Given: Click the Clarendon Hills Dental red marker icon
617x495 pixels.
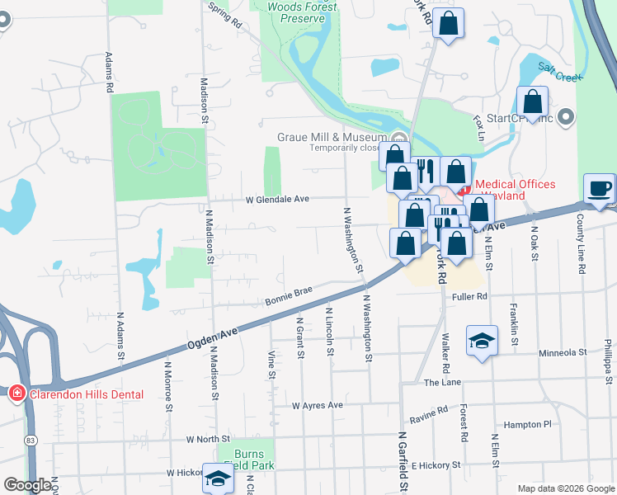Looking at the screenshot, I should pyautogui.click(x=16, y=394).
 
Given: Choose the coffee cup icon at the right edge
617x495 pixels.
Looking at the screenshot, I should pyautogui.click(x=600, y=189).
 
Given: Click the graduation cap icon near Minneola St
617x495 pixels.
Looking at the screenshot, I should pyautogui.click(x=482, y=340).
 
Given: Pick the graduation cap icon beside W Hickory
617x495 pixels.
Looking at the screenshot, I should pyautogui.click(x=219, y=478).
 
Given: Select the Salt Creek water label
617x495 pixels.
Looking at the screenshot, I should pyautogui.click(x=560, y=71).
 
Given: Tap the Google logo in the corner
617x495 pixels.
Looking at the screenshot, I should pyautogui.click(x=27, y=485).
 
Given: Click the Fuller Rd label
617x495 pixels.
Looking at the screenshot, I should pyautogui.click(x=470, y=295).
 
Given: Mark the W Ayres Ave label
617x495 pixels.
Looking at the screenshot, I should pyautogui.click(x=318, y=405).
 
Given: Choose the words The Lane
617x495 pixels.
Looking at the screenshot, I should pyautogui.click(x=442, y=383).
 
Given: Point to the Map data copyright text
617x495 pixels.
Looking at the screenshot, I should pyautogui.click(x=565, y=488).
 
